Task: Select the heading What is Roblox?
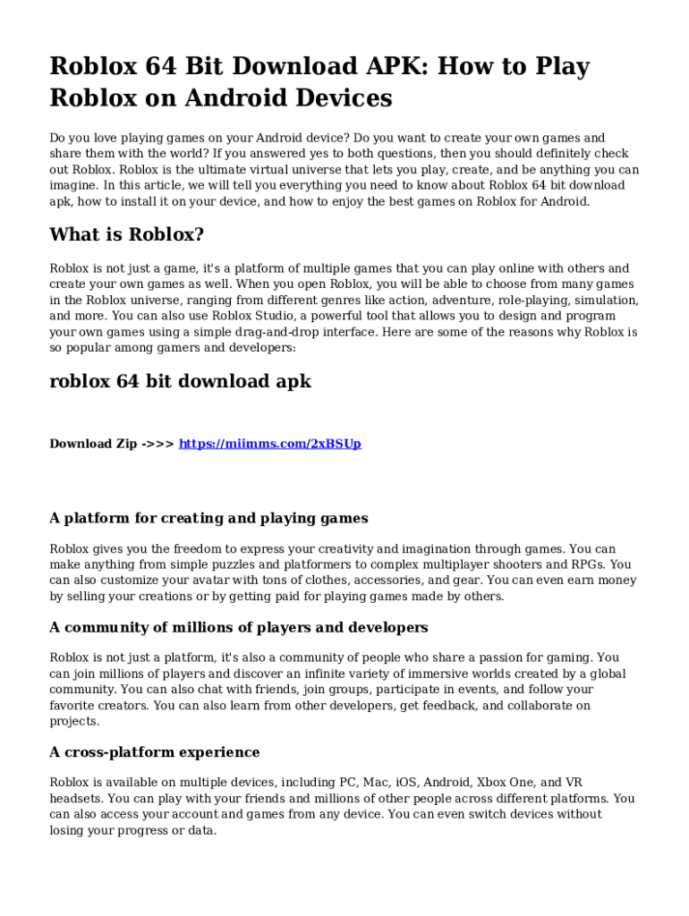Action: (x=127, y=235)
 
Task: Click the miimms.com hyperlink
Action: (x=270, y=444)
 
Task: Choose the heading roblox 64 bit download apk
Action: (x=180, y=381)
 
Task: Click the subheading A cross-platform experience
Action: (x=155, y=752)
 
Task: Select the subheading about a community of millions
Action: (x=239, y=628)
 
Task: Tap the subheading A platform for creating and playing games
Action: (x=208, y=519)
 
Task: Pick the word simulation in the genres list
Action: (x=605, y=300)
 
